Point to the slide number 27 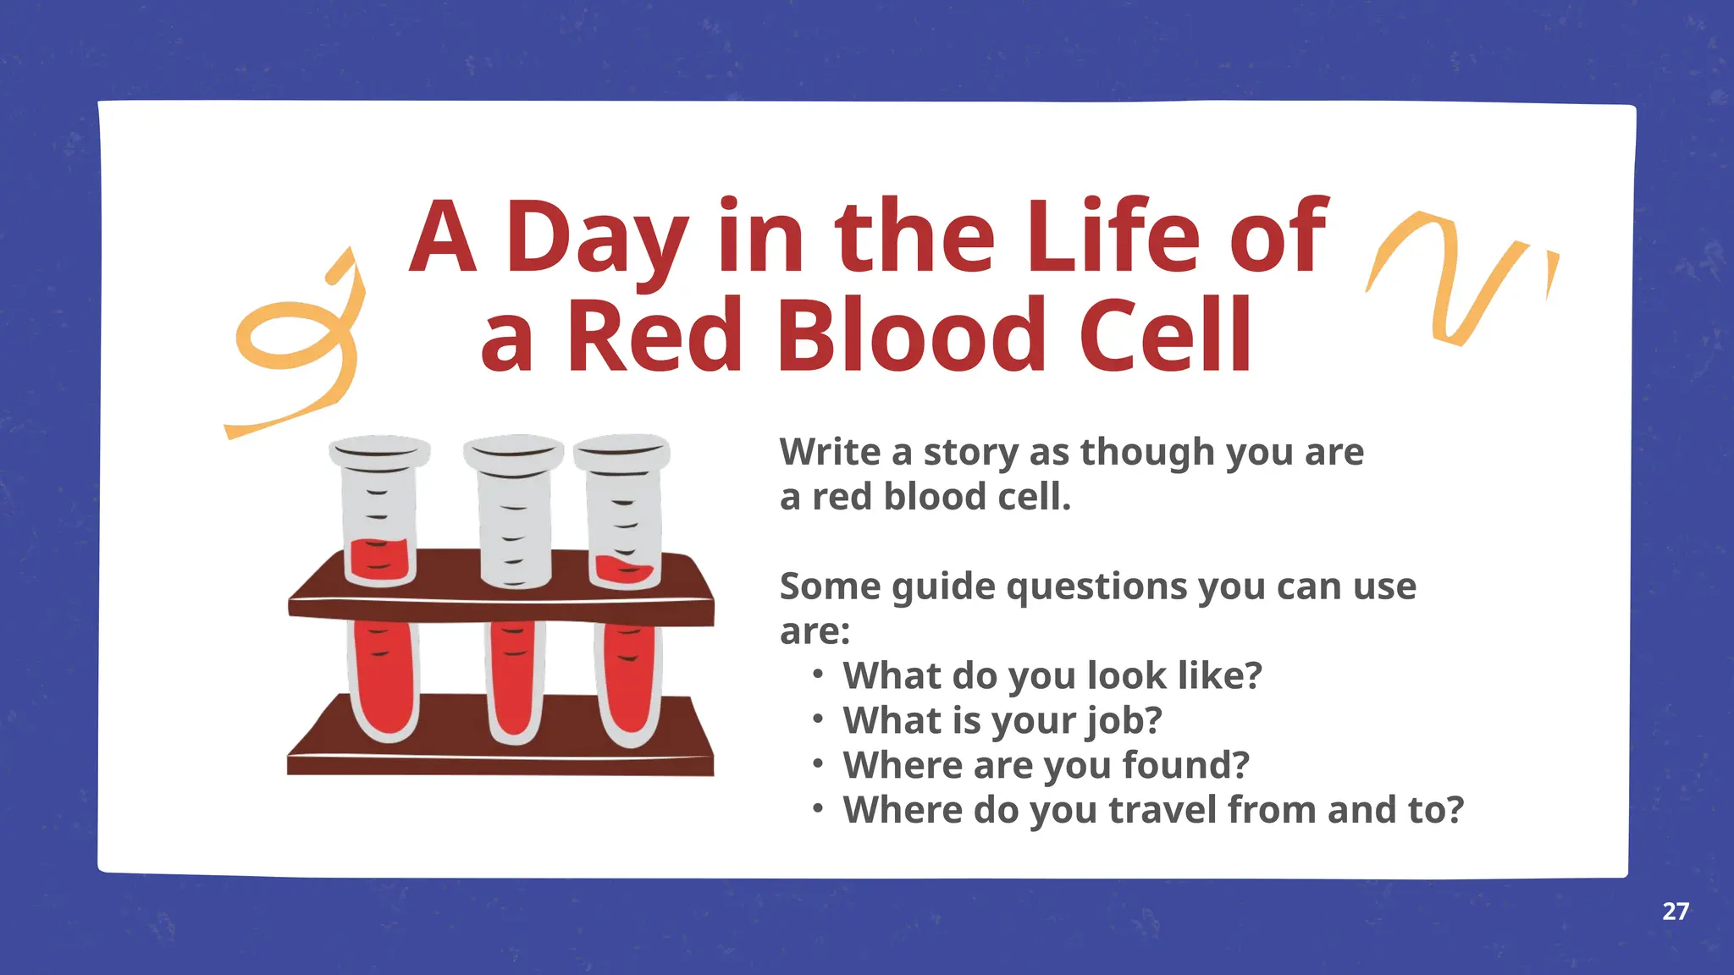(x=1675, y=912)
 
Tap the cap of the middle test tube (x=513, y=451)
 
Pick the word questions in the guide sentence (x=1096, y=587)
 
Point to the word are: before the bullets (x=815, y=631)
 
